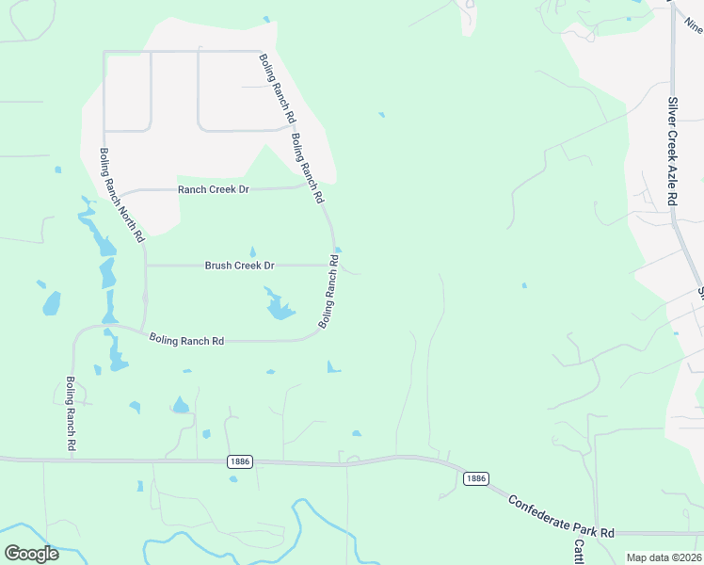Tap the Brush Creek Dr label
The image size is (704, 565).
click(239, 266)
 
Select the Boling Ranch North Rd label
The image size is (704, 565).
click(122, 194)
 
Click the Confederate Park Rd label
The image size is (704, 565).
click(561, 518)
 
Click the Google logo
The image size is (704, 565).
click(32, 554)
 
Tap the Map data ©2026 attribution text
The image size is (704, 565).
click(664, 557)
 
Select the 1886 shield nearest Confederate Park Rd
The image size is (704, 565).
click(475, 478)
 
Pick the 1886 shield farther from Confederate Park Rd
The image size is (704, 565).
click(240, 460)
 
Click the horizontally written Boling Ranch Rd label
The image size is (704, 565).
click(186, 340)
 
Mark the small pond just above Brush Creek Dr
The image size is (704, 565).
click(252, 252)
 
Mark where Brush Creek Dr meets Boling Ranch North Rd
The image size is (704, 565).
click(145, 266)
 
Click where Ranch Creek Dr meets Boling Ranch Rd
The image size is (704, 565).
click(311, 185)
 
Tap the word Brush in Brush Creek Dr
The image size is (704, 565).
click(219, 266)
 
